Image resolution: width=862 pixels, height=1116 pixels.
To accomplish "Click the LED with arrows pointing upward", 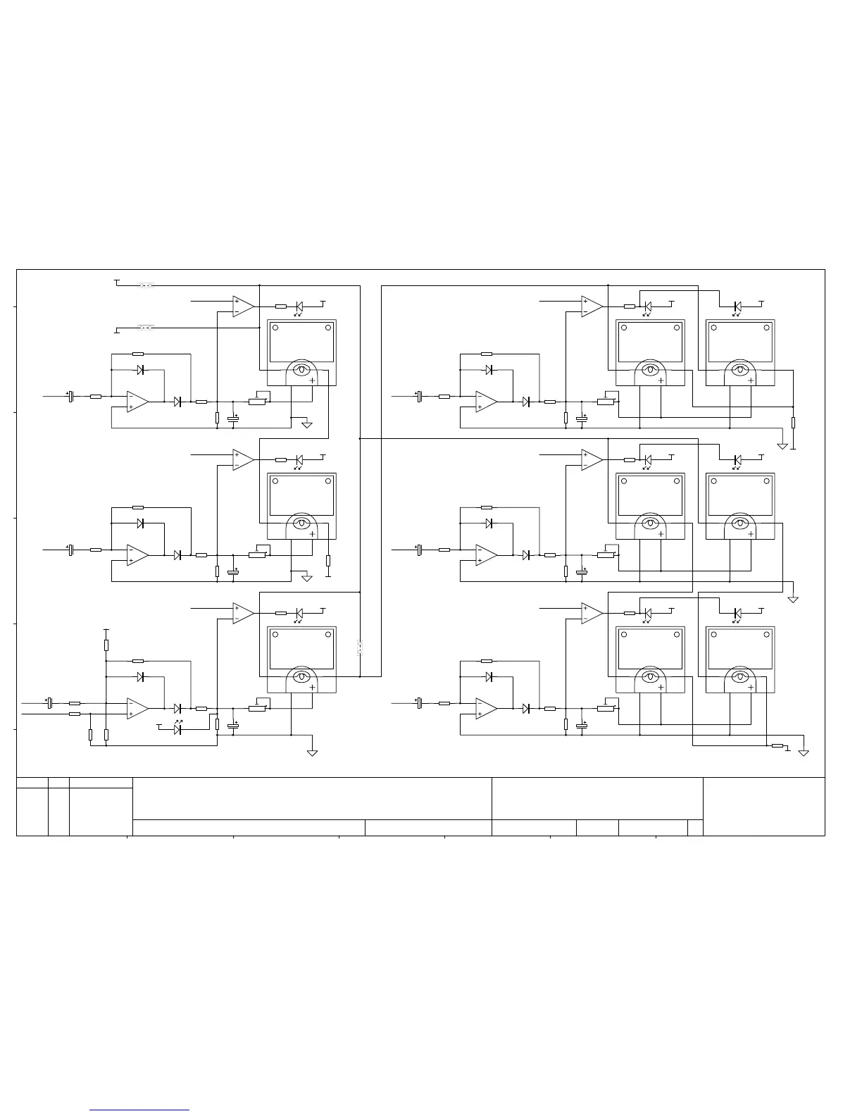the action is [178, 728].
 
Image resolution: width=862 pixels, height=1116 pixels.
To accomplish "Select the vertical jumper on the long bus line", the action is [360, 647].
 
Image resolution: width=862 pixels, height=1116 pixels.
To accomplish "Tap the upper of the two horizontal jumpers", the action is [146, 285].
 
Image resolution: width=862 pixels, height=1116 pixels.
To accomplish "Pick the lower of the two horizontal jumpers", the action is [146, 328].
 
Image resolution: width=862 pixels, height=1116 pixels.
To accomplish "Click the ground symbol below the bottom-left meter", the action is [312, 752].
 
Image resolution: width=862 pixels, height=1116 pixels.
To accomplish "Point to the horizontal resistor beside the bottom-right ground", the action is [777, 745].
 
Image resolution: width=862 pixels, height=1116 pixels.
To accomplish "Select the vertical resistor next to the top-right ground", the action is [793, 423].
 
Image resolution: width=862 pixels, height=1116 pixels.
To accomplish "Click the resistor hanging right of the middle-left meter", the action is [328, 561].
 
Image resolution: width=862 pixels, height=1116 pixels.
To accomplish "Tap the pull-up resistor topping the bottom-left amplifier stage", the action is [106, 645].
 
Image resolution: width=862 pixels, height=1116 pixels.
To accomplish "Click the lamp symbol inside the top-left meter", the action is [302, 370].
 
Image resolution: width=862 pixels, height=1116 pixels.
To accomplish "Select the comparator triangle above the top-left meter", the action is [243, 306].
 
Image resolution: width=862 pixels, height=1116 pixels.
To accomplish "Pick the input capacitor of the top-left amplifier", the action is [70, 397].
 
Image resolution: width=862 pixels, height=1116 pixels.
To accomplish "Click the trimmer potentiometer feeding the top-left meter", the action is [257, 402].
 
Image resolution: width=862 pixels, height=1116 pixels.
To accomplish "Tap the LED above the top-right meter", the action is [737, 306].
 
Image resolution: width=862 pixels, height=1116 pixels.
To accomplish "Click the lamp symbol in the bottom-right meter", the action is [739, 677].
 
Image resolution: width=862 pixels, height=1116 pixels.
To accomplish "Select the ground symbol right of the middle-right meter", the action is [793, 599].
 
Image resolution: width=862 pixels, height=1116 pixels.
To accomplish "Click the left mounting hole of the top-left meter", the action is [276, 328].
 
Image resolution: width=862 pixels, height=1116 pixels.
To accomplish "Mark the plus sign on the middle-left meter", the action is [312, 534].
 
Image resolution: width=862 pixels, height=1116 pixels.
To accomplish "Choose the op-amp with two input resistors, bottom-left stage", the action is [137, 709].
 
